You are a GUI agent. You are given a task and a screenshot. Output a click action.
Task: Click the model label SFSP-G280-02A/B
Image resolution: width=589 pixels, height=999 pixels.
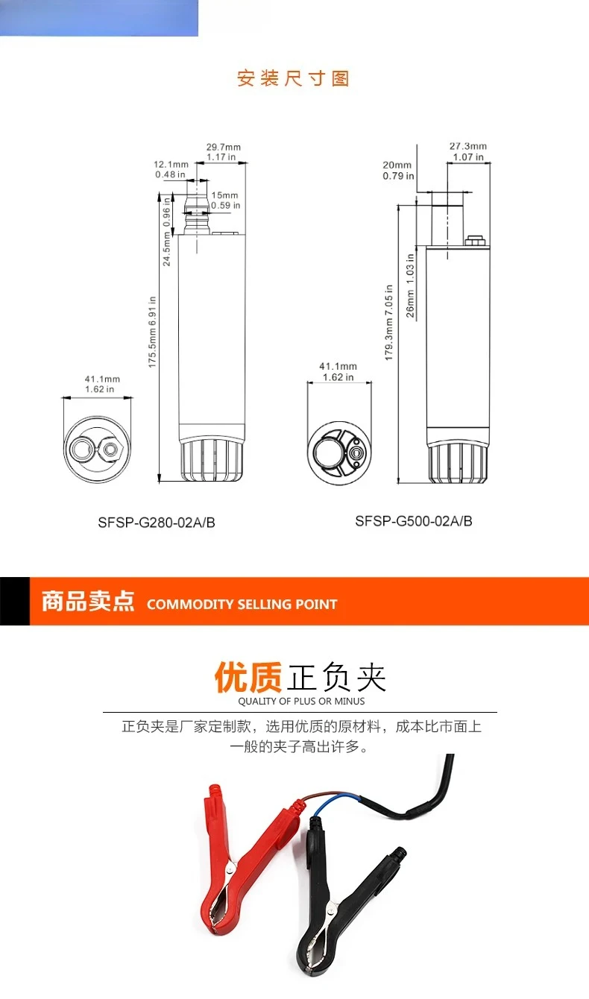(x=157, y=523)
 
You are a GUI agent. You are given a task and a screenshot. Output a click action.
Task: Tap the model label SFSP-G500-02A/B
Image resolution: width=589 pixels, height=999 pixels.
(x=414, y=521)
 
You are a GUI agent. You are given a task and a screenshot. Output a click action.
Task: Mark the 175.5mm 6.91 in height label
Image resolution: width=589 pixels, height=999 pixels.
(x=153, y=333)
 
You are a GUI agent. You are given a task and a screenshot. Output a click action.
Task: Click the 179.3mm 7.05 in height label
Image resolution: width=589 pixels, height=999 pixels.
(x=388, y=323)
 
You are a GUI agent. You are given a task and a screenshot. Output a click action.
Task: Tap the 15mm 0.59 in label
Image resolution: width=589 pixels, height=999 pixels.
(x=226, y=201)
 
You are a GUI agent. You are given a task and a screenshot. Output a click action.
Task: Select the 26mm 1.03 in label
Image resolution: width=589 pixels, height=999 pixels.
(x=410, y=286)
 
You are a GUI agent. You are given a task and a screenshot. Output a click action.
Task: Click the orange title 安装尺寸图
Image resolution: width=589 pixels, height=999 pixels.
(x=294, y=78)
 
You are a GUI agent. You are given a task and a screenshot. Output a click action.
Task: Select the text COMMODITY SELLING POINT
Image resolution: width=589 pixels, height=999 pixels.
(x=242, y=605)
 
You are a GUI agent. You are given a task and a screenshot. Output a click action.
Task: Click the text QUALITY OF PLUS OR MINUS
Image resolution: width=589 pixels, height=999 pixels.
(x=301, y=701)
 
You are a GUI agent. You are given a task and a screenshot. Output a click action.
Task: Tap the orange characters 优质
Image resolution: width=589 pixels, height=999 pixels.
(x=248, y=677)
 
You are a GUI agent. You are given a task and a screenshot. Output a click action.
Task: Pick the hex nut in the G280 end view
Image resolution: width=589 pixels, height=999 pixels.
(x=110, y=449)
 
